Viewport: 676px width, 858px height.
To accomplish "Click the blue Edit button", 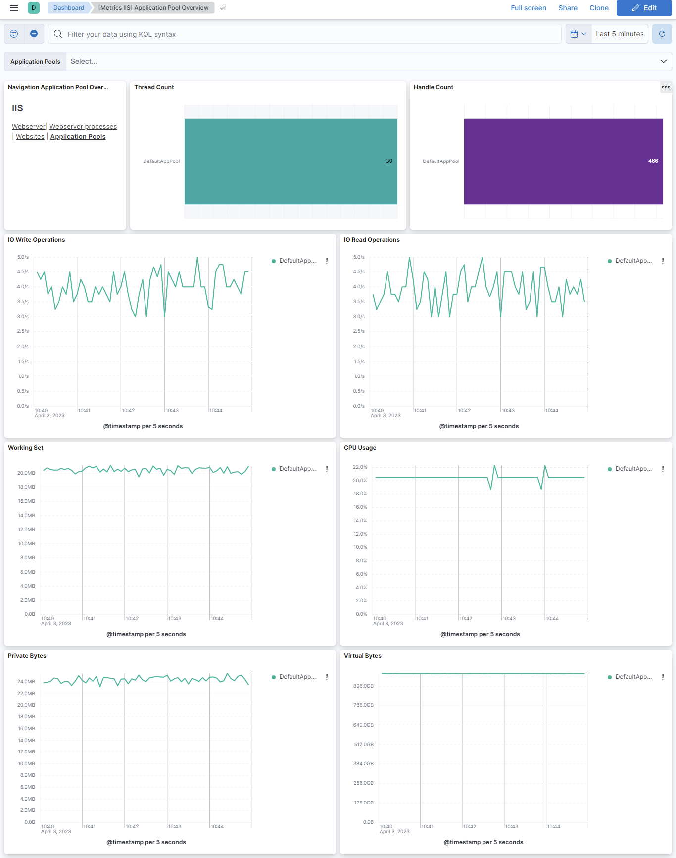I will [x=644, y=8].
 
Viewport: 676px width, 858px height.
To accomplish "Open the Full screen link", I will [x=528, y=8].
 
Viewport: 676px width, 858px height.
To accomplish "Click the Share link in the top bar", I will [x=568, y=8].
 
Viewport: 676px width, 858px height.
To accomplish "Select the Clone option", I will [x=599, y=8].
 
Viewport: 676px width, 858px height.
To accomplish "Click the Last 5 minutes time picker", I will [x=620, y=34].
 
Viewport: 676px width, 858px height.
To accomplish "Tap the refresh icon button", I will [x=662, y=34].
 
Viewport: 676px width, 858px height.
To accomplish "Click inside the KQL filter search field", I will [x=307, y=34].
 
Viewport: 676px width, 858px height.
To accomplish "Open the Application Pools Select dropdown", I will [x=366, y=61].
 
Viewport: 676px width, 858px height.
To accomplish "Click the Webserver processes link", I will [x=83, y=127].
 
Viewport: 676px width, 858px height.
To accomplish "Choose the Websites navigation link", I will [x=30, y=137].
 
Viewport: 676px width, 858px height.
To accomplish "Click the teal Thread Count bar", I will [x=290, y=161].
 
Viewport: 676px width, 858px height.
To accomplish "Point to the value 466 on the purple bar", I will [x=653, y=161].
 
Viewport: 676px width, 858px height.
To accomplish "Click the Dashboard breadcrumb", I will [x=69, y=8].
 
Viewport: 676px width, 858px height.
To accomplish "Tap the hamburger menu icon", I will [x=14, y=8].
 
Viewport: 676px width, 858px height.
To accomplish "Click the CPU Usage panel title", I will [x=360, y=448].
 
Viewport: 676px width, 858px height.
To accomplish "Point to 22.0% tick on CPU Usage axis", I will [x=360, y=467].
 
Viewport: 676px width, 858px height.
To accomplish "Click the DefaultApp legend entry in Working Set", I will [x=297, y=469].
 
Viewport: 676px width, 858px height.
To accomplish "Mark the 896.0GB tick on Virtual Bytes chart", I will [x=363, y=686].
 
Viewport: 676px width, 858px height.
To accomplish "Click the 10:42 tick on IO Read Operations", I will [x=464, y=411].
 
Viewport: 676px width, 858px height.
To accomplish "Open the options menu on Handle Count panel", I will [x=666, y=87].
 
